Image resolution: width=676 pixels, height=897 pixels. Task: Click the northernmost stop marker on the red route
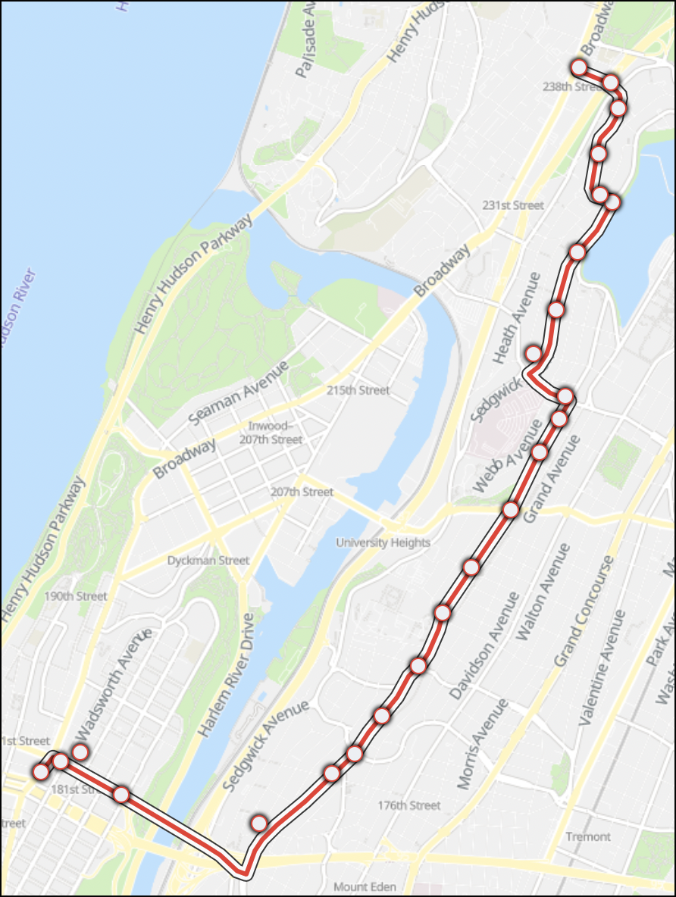coord(579,67)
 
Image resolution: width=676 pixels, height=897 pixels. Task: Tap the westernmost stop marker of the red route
coord(40,771)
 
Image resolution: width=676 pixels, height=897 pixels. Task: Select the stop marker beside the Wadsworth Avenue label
coord(80,752)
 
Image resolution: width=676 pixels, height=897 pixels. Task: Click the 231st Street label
coord(513,205)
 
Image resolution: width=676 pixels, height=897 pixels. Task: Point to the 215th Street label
coord(358,390)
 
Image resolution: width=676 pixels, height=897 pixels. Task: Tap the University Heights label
coord(383,542)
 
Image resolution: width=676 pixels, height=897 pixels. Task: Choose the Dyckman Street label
coord(208,561)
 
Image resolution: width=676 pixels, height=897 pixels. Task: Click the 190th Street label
coord(75,596)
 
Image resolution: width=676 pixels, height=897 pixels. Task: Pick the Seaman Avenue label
coord(239,392)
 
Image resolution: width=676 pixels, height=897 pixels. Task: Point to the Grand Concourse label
coord(584,611)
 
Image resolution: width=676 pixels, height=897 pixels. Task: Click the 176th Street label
coord(409,805)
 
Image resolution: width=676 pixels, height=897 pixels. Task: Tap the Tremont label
coord(587,836)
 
